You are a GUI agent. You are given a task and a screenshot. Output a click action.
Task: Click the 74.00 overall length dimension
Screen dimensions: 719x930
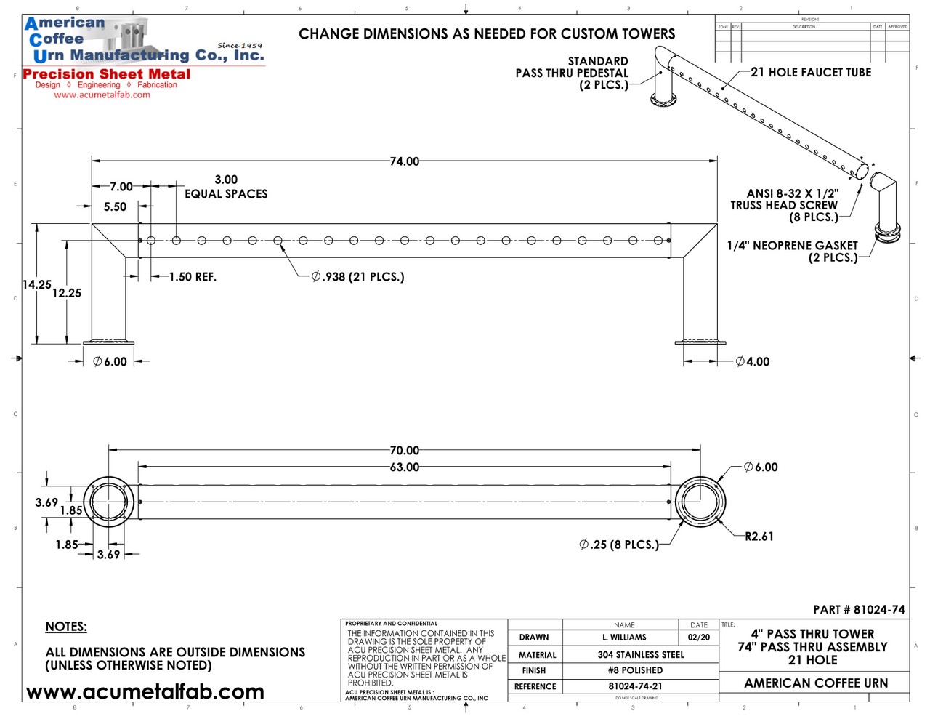[405, 161]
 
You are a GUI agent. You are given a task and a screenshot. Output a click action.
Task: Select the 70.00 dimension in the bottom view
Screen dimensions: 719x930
[405, 451]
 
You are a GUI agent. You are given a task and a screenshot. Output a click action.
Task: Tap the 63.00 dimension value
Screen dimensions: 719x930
[405, 467]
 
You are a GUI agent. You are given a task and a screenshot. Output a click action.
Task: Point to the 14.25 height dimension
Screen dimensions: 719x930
[36, 284]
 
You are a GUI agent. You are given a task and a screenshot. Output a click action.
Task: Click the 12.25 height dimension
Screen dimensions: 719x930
[67, 293]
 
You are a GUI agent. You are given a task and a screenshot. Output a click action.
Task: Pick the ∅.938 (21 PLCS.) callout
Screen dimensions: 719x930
[357, 277]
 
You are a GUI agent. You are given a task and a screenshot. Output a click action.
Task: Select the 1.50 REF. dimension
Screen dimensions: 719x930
[193, 277]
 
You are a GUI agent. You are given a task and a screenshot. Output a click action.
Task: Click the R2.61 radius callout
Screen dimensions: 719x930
[759, 537]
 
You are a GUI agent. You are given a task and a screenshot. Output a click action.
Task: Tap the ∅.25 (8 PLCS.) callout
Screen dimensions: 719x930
[619, 545]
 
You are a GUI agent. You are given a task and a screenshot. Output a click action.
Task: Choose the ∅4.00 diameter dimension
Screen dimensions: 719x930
[753, 361]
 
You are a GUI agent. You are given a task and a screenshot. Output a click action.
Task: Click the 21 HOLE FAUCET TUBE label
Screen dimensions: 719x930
[811, 72]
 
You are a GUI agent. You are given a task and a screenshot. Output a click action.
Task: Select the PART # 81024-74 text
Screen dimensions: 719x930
[859, 610]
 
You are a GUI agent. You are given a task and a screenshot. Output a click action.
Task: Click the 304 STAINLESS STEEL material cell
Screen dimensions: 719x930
[640, 654]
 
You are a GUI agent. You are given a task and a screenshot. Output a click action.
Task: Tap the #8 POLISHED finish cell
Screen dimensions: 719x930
[635, 670]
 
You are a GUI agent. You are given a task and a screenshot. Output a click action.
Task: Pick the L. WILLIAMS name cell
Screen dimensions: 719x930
[624, 638]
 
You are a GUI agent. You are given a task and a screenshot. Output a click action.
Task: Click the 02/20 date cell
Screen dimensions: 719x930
[699, 638]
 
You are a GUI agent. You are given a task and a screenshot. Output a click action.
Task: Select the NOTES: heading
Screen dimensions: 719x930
[66, 627]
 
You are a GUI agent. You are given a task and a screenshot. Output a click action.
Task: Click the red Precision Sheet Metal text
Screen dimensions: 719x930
[107, 74]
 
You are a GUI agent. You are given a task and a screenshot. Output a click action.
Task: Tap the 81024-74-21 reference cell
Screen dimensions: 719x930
[635, 686]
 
